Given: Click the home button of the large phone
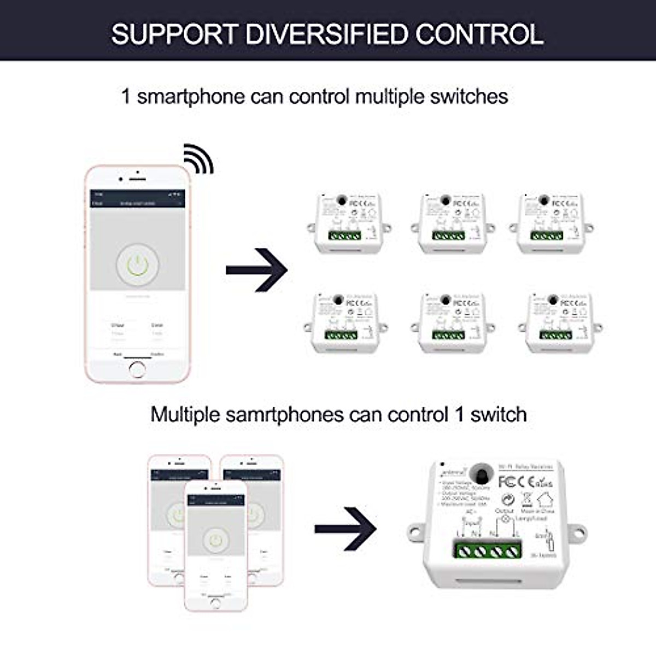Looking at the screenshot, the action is click(137, 370).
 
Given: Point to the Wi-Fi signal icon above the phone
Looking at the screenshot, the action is click(198, 159).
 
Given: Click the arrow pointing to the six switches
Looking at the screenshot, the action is click(256, 270).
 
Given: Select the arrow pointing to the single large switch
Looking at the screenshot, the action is click(345, 529).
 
